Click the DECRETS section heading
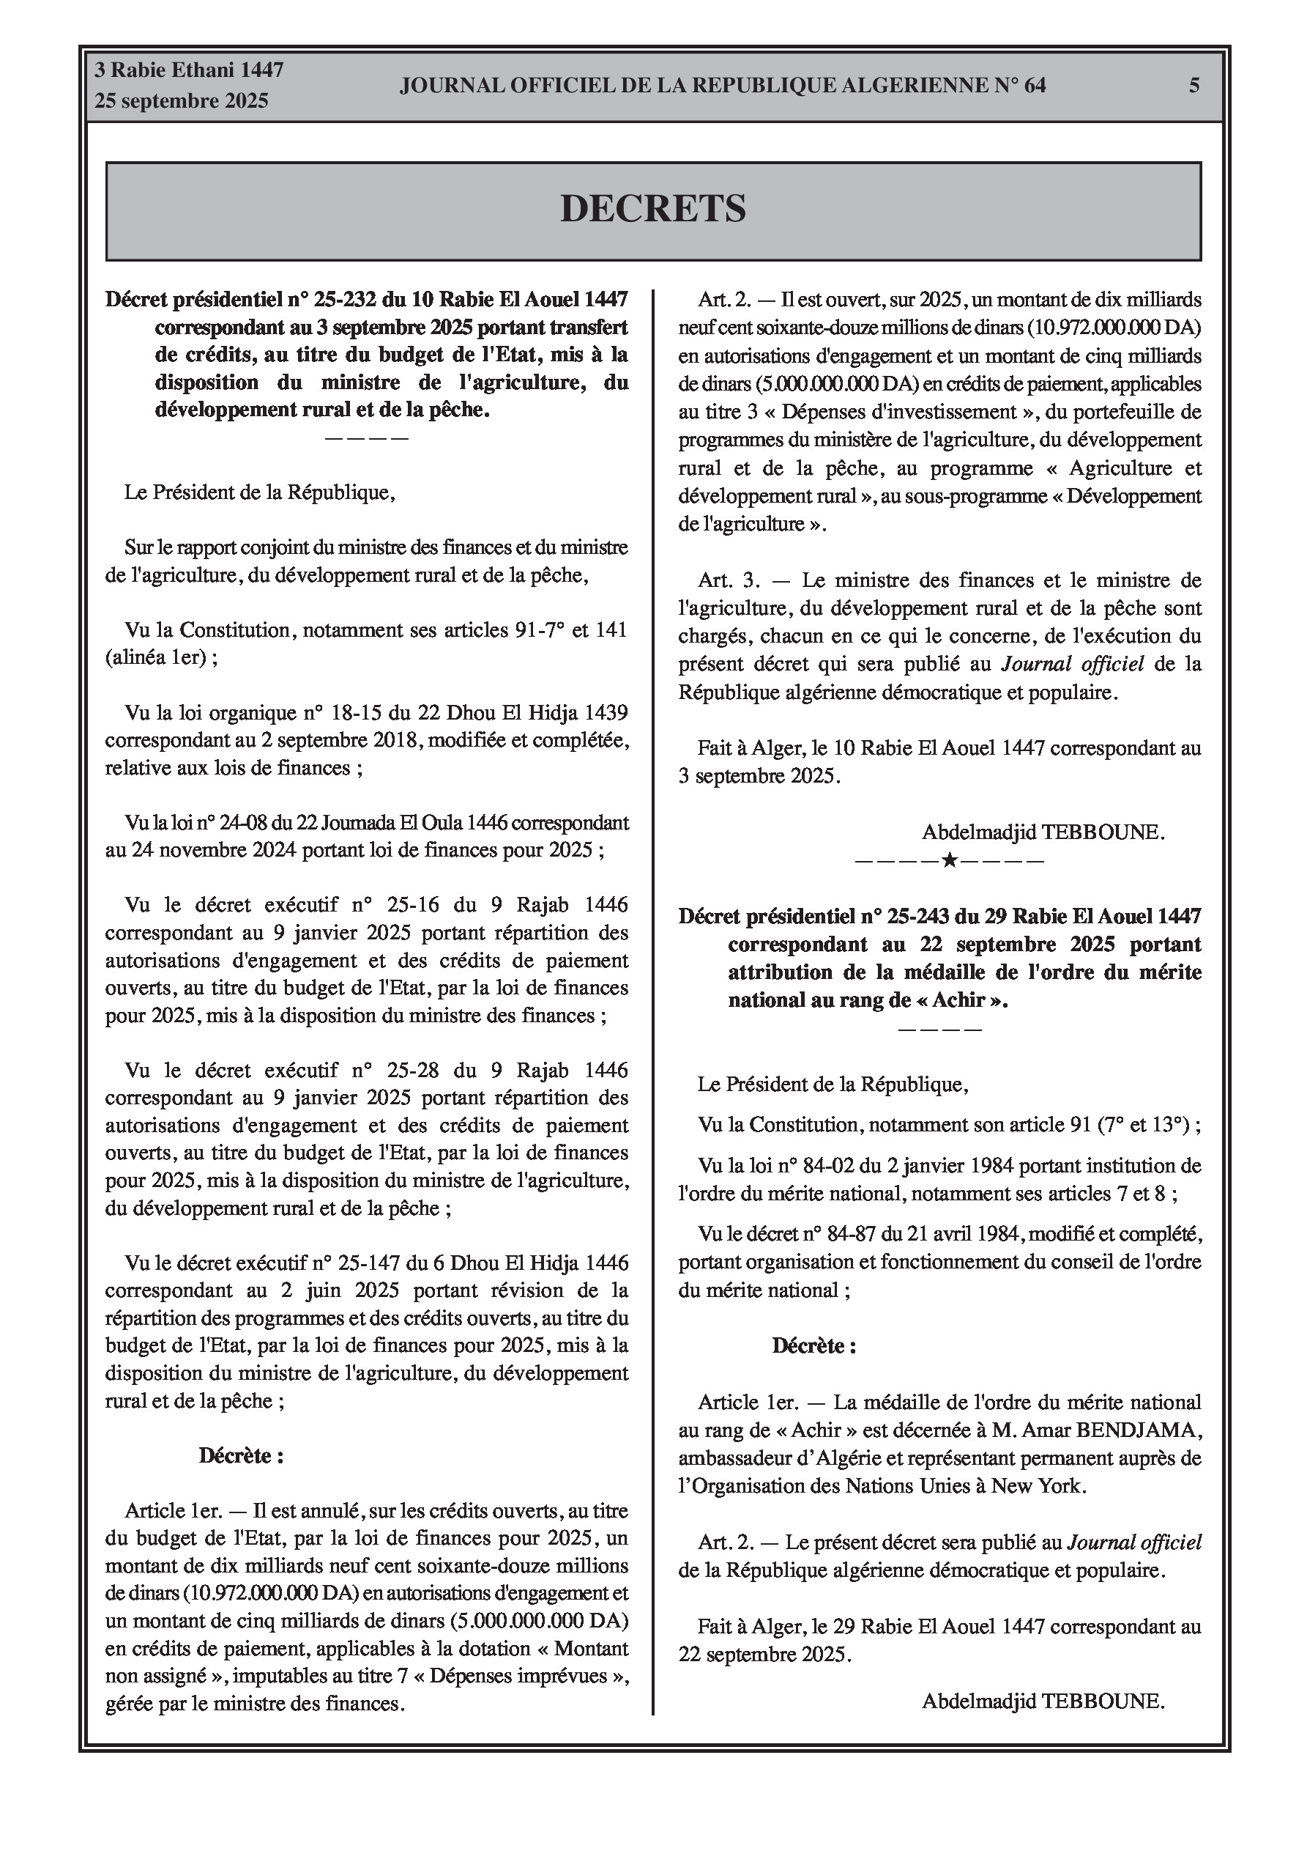click(652, 209)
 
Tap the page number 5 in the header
click(1194, 86)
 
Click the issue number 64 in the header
click(1035, 86)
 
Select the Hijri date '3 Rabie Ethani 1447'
click(189, 70)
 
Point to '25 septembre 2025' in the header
click(182, 102)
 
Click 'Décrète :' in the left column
click(241, 1456)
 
